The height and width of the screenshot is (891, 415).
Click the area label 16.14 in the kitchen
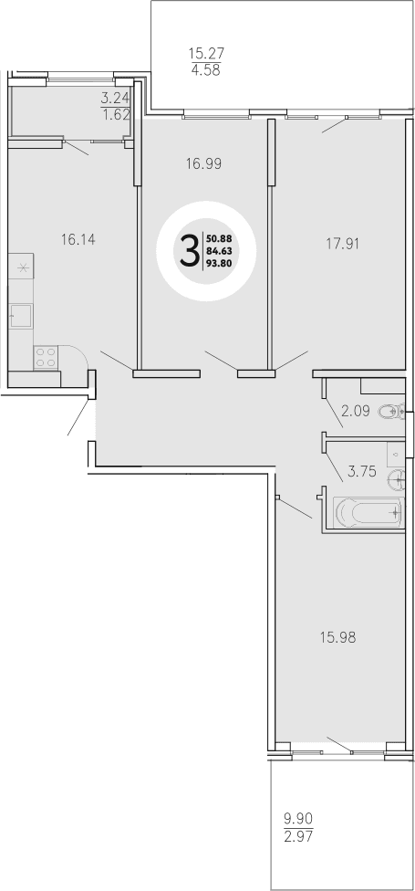(x=78, y=240)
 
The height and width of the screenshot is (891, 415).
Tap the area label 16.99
(x=204, y=164)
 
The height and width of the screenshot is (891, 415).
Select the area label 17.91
(x=345, y=244)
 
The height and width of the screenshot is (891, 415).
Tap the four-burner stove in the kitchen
(x=46, y=357)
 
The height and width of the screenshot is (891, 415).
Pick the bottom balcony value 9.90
(x=297, y=820)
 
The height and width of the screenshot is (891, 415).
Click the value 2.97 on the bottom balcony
(x=297, y=837)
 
